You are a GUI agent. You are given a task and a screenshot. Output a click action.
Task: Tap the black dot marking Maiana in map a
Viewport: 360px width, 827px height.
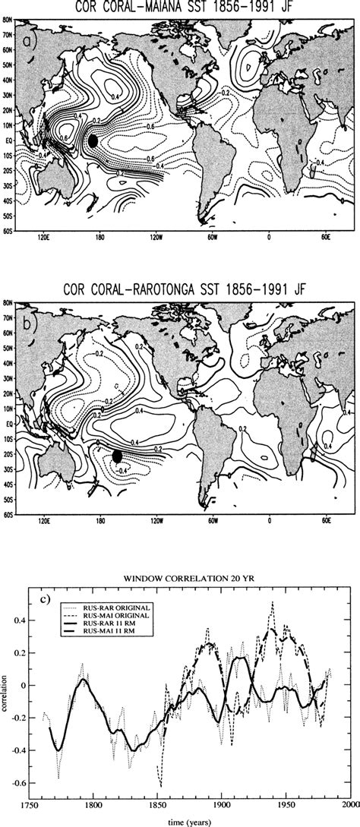tap(93, 140)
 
